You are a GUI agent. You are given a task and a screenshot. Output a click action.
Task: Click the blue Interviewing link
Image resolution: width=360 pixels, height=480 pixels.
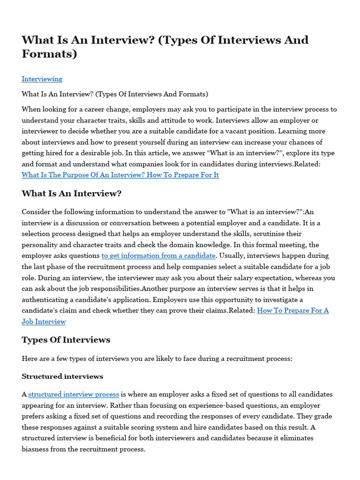[x=42, y=79]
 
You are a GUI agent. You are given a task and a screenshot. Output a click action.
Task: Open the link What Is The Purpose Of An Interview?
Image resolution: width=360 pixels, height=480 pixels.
[x=120, y=175]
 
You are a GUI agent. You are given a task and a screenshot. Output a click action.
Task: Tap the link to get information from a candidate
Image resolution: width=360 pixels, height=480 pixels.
[x=158, y=255]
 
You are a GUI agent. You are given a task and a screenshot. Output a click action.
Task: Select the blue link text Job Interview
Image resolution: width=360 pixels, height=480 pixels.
[x=44, y=322]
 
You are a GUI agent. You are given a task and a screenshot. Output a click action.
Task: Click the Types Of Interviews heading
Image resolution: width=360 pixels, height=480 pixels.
[x=66, y=340]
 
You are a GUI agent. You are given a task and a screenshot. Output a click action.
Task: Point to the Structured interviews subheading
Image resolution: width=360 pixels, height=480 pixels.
[x=62, y=376]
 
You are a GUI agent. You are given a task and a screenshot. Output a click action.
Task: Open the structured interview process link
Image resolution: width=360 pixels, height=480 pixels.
[x=74, y=395]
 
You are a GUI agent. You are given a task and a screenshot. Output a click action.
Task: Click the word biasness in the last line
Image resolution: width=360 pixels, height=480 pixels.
[x=36, y=449]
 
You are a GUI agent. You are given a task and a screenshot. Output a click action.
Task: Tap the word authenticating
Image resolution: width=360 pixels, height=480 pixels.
[x=45, y=300]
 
